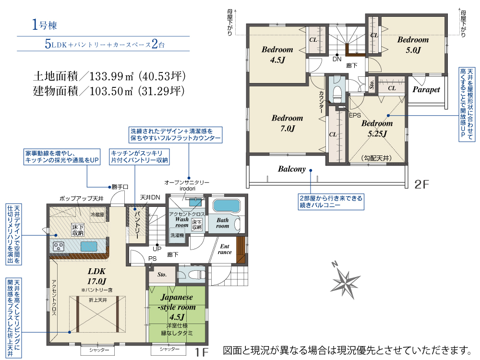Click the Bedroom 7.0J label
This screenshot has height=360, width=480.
coord(287,123)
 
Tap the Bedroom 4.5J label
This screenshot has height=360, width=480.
coord(277,55)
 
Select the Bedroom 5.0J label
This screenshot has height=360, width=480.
coord(413,45)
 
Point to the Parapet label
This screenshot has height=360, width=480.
coord(426,89)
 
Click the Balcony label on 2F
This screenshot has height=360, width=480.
coord(292,169)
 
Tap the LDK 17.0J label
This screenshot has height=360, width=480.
coord(97,276)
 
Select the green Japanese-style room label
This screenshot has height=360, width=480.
coord(177,307)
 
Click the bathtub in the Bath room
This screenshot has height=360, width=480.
coord(226,205)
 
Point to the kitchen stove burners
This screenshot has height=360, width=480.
coord(59,246)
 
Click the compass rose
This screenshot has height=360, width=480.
coord(345,280)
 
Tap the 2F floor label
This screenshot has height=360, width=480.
coord(421,184)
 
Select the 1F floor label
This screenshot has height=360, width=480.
coord(202,352)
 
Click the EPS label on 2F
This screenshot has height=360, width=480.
coord(355,115)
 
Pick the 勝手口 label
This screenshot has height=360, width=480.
coord(120,187)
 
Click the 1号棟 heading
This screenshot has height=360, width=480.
coord(45,25)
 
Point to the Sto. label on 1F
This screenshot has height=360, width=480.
coord(162,275)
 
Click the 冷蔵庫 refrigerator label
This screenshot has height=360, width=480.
coord(97,215)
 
